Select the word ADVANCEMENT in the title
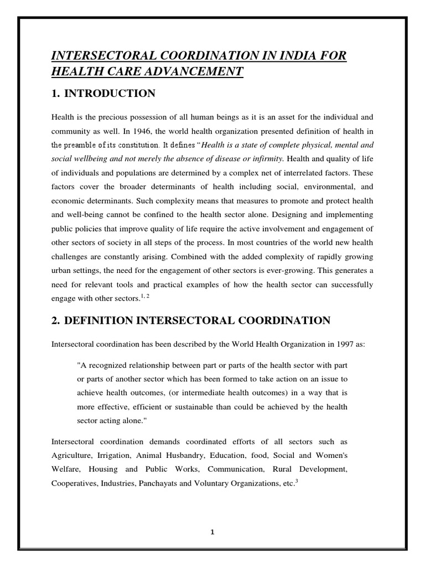(x=191, y=72)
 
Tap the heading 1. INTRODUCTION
(x=103, y=94)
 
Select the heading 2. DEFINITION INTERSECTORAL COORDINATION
(x=191, y=321)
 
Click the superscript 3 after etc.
(x=297, y=480)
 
